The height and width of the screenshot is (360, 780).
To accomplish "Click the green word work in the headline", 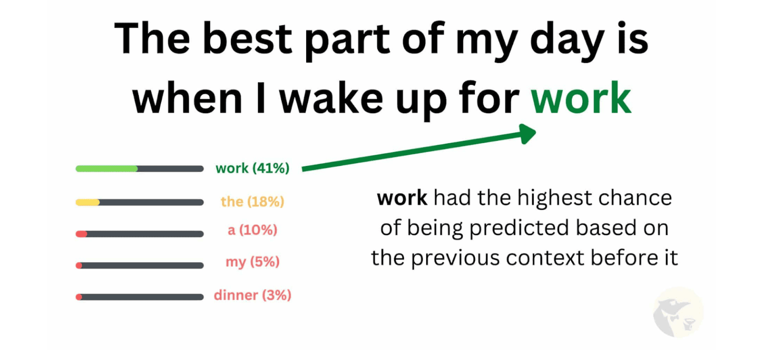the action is point(581,98).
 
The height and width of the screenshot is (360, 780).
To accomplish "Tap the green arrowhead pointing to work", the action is point(527,134).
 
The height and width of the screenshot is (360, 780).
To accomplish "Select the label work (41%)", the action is point(253,168).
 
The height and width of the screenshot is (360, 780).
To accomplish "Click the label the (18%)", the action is point(253,201).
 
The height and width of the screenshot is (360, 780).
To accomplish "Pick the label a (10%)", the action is point(253,230).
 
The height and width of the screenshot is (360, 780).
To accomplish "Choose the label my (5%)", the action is point(253,262).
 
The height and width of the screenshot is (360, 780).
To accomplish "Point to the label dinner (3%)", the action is point(253,295).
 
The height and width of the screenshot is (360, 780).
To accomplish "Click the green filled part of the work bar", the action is point(107,169).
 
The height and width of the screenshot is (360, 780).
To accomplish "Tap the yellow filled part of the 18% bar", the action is point(87,202).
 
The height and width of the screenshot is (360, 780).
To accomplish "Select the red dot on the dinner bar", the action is point(79,297).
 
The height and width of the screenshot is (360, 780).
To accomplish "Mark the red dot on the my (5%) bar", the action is point(79,266).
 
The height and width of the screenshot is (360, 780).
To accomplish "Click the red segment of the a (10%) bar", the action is point(81,234).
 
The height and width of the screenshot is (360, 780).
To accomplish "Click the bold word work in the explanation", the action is point(402,198).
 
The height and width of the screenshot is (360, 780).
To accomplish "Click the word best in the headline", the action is point(247,38).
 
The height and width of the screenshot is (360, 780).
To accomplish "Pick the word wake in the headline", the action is point(331,99).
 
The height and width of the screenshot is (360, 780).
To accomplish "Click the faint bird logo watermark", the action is point(677,312).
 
